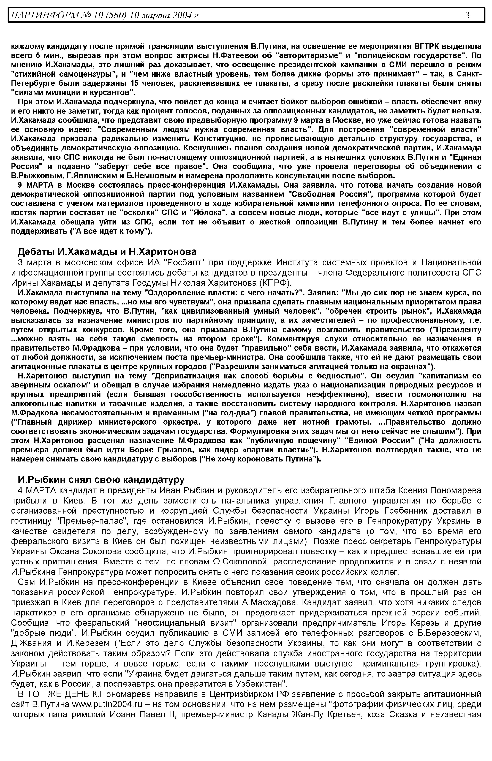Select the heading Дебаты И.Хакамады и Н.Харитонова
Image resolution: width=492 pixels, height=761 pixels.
click(107, 252)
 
